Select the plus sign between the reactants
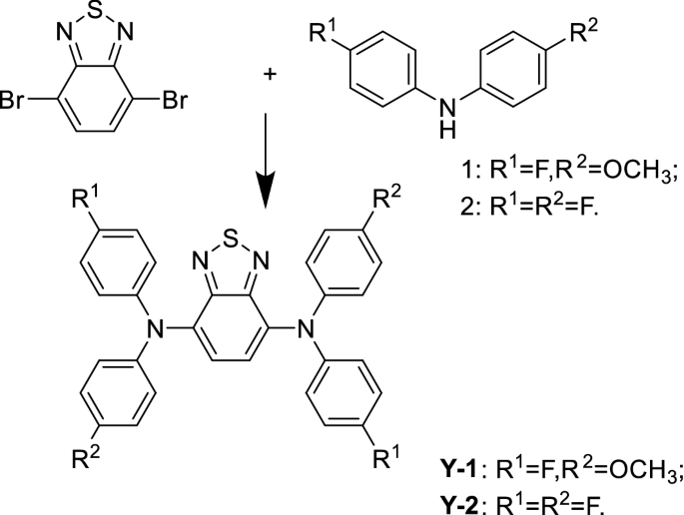pyautogui.click(x=269, y=47)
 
